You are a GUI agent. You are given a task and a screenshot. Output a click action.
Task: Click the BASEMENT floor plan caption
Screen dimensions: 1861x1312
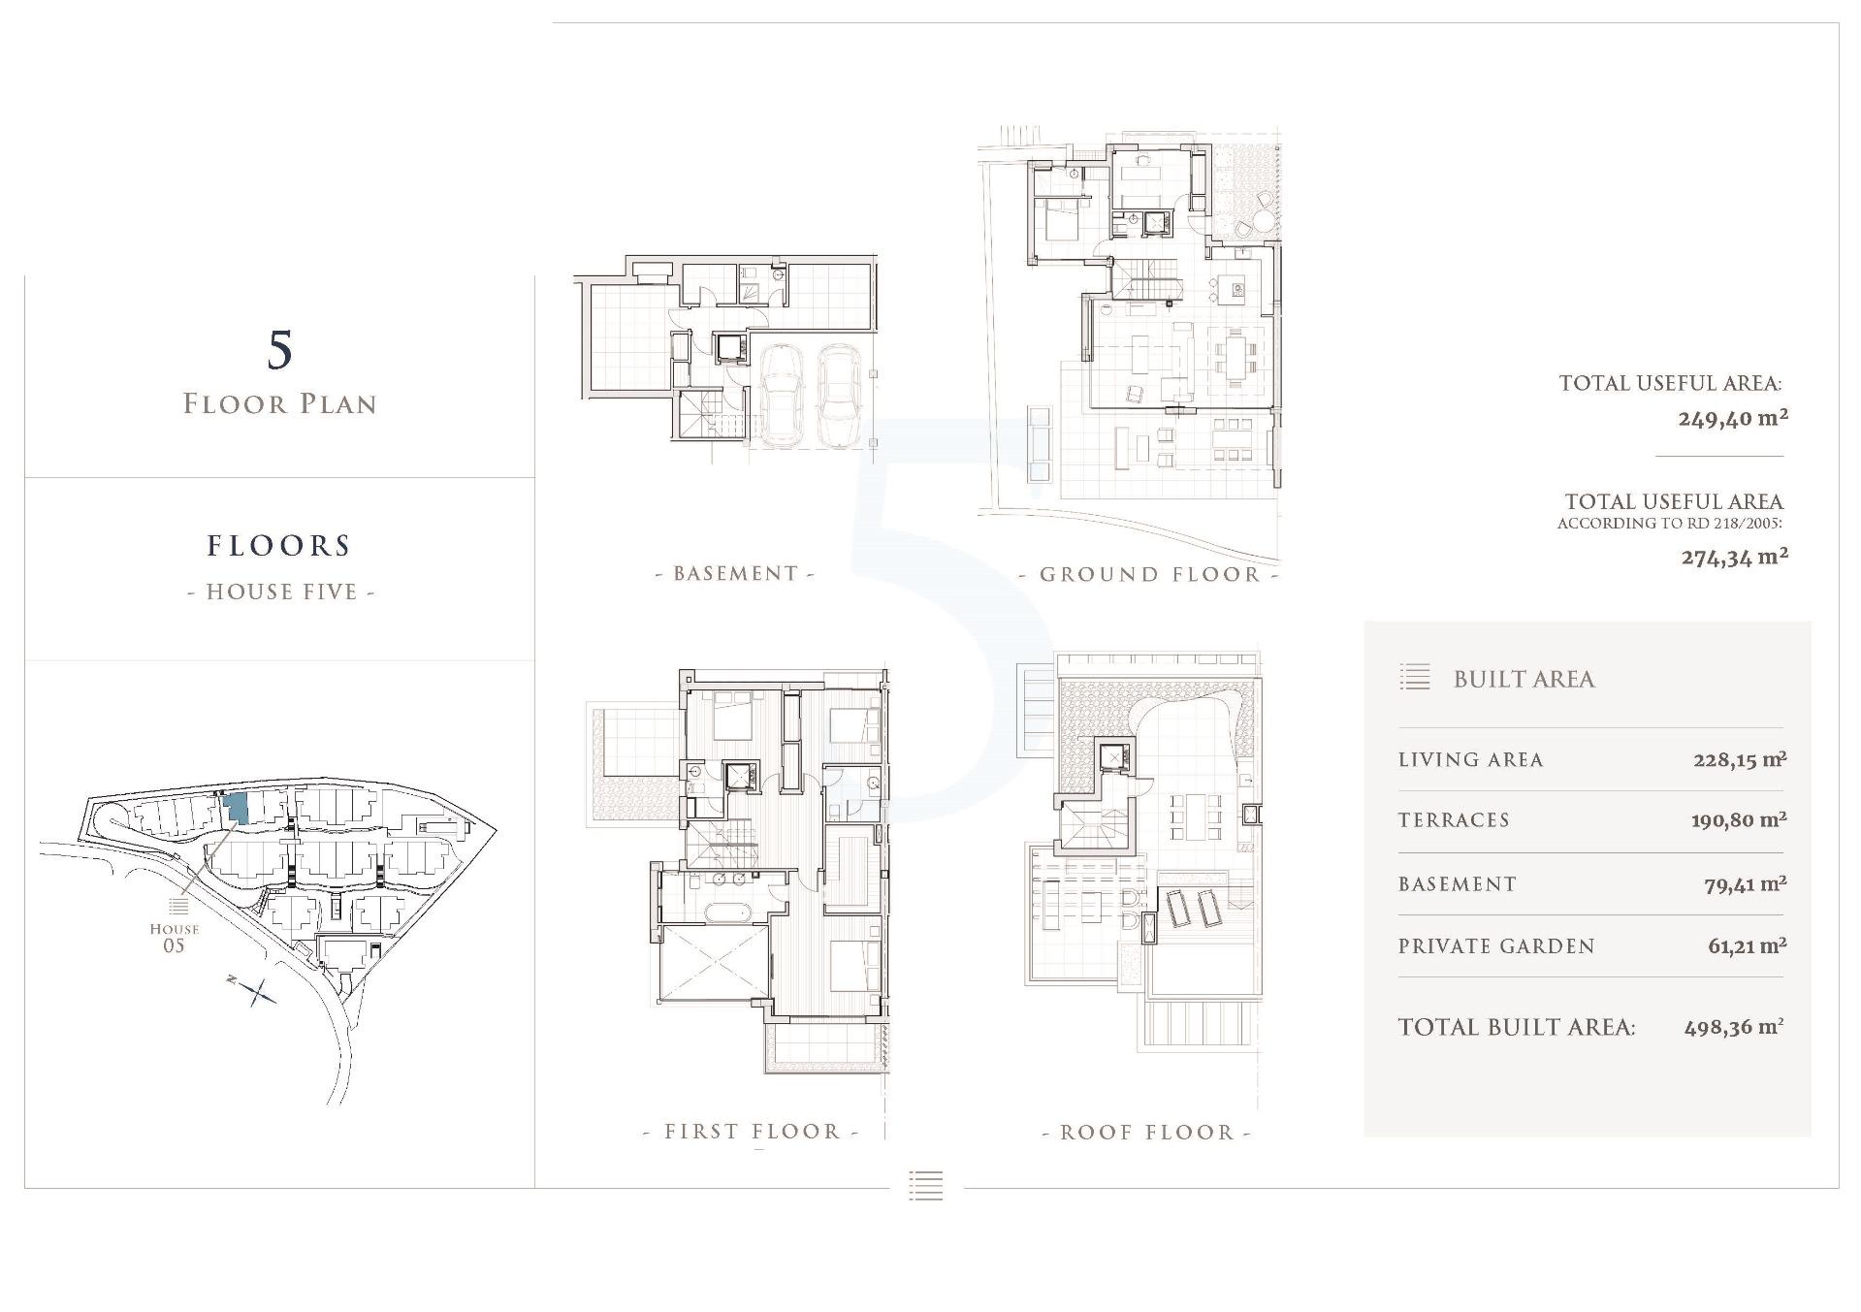point(735,573)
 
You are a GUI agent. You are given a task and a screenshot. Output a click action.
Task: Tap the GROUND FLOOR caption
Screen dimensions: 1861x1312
point(1149,574)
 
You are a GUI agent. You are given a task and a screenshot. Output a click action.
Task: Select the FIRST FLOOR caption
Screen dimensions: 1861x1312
point(753,1131)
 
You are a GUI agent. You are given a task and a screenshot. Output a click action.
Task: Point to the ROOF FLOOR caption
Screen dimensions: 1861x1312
point(1147,1132)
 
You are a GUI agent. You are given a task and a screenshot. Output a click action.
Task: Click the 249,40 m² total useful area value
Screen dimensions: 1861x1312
point(1733,418)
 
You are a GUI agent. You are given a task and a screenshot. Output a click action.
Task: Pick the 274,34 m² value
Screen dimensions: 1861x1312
point(1735,557)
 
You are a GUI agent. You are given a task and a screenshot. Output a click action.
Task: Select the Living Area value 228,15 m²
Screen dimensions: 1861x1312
point(1740,759)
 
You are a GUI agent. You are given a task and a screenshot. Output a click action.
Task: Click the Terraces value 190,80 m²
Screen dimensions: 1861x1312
point(1739,820)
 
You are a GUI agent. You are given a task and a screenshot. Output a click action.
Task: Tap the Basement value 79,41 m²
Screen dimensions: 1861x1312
point(1746,883)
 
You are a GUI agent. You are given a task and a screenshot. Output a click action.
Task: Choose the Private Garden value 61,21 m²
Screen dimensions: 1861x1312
point(1748,945)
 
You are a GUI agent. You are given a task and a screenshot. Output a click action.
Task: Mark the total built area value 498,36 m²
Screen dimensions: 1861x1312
point(1734,1028)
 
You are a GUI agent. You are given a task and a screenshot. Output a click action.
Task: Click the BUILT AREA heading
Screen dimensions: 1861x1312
point(1524,679)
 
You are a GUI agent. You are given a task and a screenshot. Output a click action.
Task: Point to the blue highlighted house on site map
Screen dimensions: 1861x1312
point(237,809)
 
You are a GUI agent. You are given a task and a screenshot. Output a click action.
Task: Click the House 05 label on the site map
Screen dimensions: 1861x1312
point(175,937)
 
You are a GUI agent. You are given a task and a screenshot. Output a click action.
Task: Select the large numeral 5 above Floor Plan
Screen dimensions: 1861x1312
point(279,350)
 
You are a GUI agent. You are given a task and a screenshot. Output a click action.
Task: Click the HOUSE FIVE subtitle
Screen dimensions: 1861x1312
point(281,592)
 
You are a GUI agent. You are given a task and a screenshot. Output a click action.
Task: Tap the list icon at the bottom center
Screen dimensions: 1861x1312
point(926,1185)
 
